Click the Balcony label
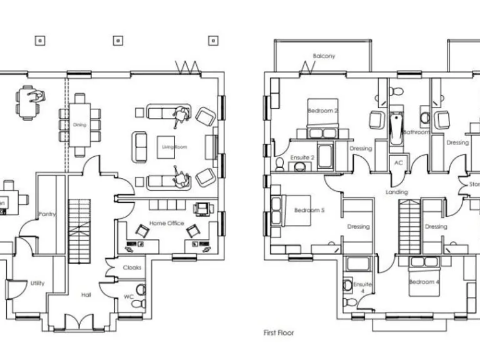(324, 56)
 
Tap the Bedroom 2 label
(322, 111)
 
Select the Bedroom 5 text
(309, 211)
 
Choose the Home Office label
(167, 223)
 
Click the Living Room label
(174, 147)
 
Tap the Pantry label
(47, 214)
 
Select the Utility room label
(37, 283)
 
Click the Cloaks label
(132, 267)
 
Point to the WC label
(129, 296)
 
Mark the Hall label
(86, 294)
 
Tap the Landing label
(397, 192)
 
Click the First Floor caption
(278, 333)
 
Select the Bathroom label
(416, 132)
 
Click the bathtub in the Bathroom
(396, 128)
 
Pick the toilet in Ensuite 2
(280, 164)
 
